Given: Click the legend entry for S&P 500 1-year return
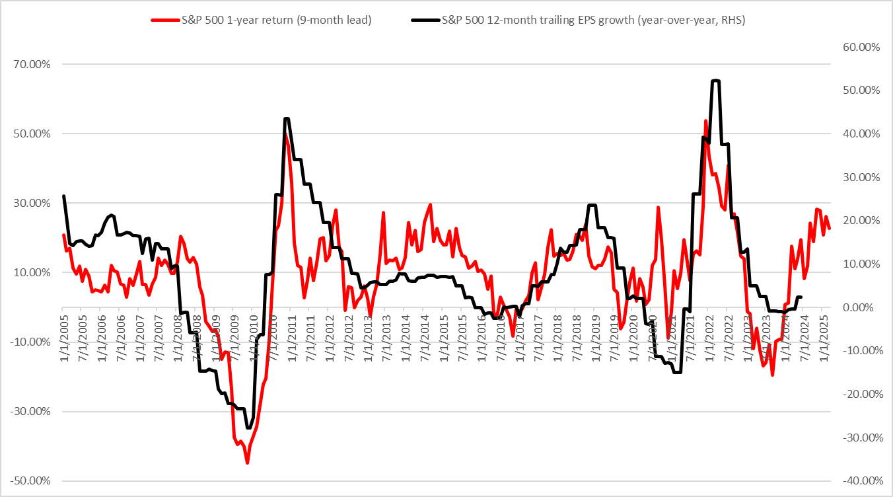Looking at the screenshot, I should tap(277, 20).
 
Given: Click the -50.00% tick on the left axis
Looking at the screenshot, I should tap(30, 480).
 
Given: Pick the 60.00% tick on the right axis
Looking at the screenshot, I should tap(861, 48).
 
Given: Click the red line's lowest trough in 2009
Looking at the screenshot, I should tap(247, 463).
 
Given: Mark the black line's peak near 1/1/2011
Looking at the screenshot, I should tap(286, 119).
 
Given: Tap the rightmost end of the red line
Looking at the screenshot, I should tap(830, 228).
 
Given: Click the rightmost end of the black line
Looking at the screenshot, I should tap(801, 297).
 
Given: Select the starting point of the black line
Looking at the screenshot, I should tap(63, 196).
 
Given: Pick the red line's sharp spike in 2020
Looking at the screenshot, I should tap(658, 208).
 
